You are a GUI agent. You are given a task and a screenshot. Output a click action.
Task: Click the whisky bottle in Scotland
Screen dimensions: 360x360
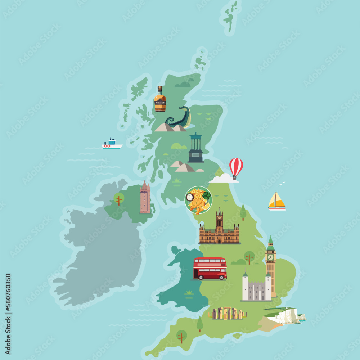click(x=160, y=100)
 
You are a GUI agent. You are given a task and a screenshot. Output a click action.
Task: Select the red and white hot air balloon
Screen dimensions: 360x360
click(x=236, y=167)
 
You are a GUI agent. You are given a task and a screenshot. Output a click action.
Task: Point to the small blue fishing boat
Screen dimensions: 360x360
click(x=112, y=144)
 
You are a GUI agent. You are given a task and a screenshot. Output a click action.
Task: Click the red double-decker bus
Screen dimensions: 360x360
click(x=210, y=269)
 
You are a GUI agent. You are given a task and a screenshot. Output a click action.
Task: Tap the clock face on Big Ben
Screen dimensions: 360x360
click(x=270, y=257)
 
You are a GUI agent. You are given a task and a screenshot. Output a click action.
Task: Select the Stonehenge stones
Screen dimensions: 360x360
click(x=227, y=314)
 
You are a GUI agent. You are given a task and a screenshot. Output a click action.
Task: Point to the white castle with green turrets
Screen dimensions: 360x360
click(x=256, y=288)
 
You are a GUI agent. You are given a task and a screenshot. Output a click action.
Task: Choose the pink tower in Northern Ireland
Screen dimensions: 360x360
click(x=145, y=198)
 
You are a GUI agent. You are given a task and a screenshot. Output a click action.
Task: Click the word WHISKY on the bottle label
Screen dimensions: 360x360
click(x=160, y=102)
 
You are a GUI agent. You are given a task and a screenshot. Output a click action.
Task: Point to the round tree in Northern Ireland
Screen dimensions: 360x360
click(x=119, y=198)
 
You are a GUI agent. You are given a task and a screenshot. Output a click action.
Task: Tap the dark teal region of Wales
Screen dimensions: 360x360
click(x=180, y=288)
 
